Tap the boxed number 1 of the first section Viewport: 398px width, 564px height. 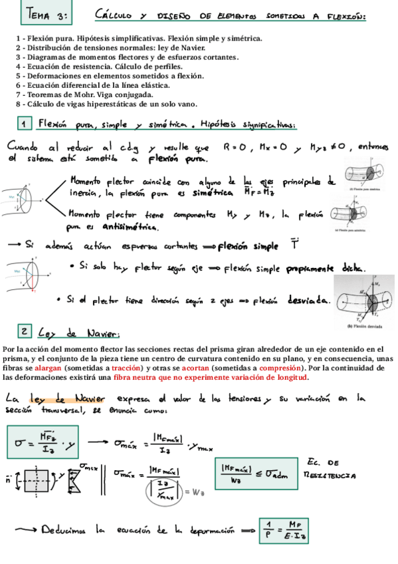[x=24, y=124]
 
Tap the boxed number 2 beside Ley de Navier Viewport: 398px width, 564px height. [x=24, y=331]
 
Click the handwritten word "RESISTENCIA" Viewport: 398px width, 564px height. [x=330, y=476]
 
